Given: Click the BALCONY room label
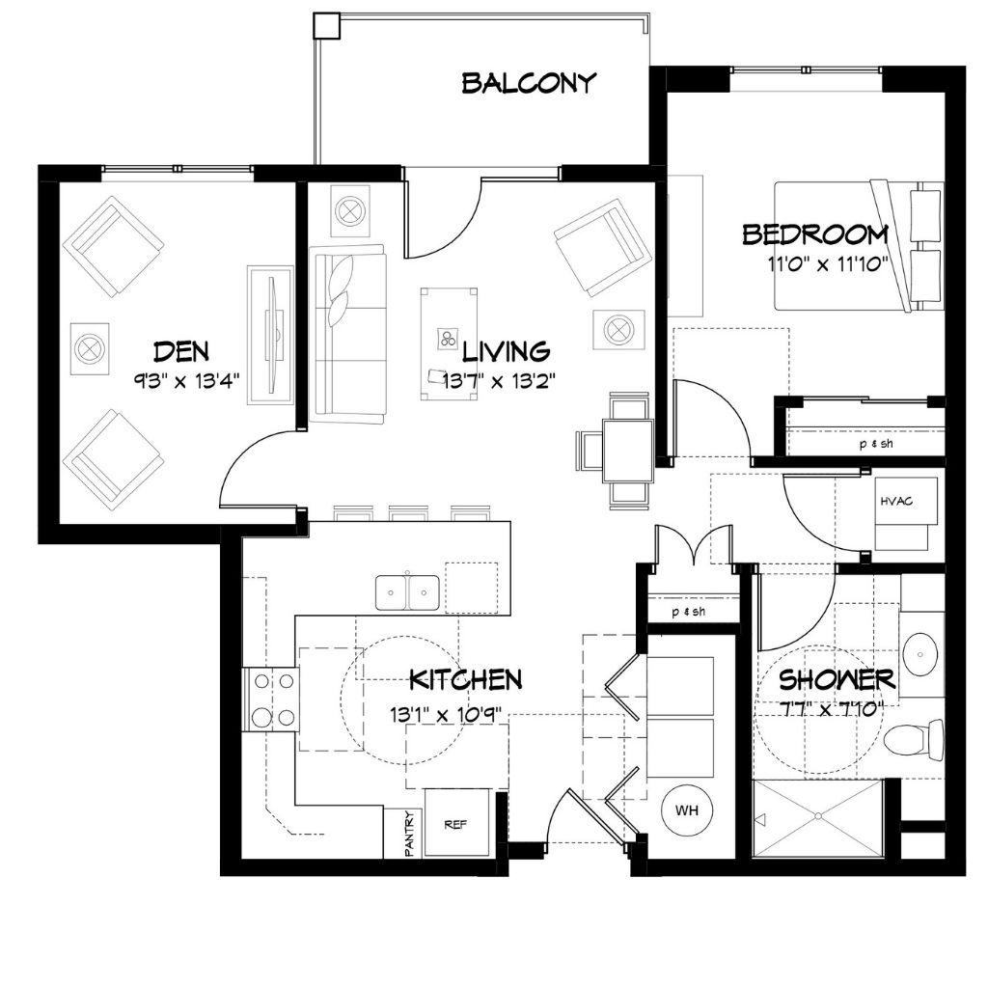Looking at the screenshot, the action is [x=528, y=83].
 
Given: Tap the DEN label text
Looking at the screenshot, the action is [x=181, y=351].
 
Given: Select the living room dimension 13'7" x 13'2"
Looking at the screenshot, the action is [x=499, y=380].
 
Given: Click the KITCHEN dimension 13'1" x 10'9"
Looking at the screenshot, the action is [x=446, y=715].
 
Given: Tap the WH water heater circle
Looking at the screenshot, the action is [x=687, y=810].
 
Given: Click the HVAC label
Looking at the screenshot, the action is [x=896, y=502].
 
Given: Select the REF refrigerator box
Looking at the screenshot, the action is [x=456, y=823].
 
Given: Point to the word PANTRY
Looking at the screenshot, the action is [x=409, y=833].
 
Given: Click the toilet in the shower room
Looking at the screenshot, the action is [x=914, y=738].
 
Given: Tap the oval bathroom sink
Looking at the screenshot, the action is [x=920, y=654].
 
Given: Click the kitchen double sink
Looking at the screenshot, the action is [x=407, y=592].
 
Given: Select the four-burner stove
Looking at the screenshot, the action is [x=271, y=699].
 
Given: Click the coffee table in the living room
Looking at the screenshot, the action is [x=449, y=344].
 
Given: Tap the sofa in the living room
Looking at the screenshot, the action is [x=347, y=334].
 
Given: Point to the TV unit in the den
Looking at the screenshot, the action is [x=270, y=335].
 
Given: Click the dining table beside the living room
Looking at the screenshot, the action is [x=627, y=452].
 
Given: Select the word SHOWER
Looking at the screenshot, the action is [x=837, y=680].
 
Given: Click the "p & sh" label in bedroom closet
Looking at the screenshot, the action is [x=876, y=444].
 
